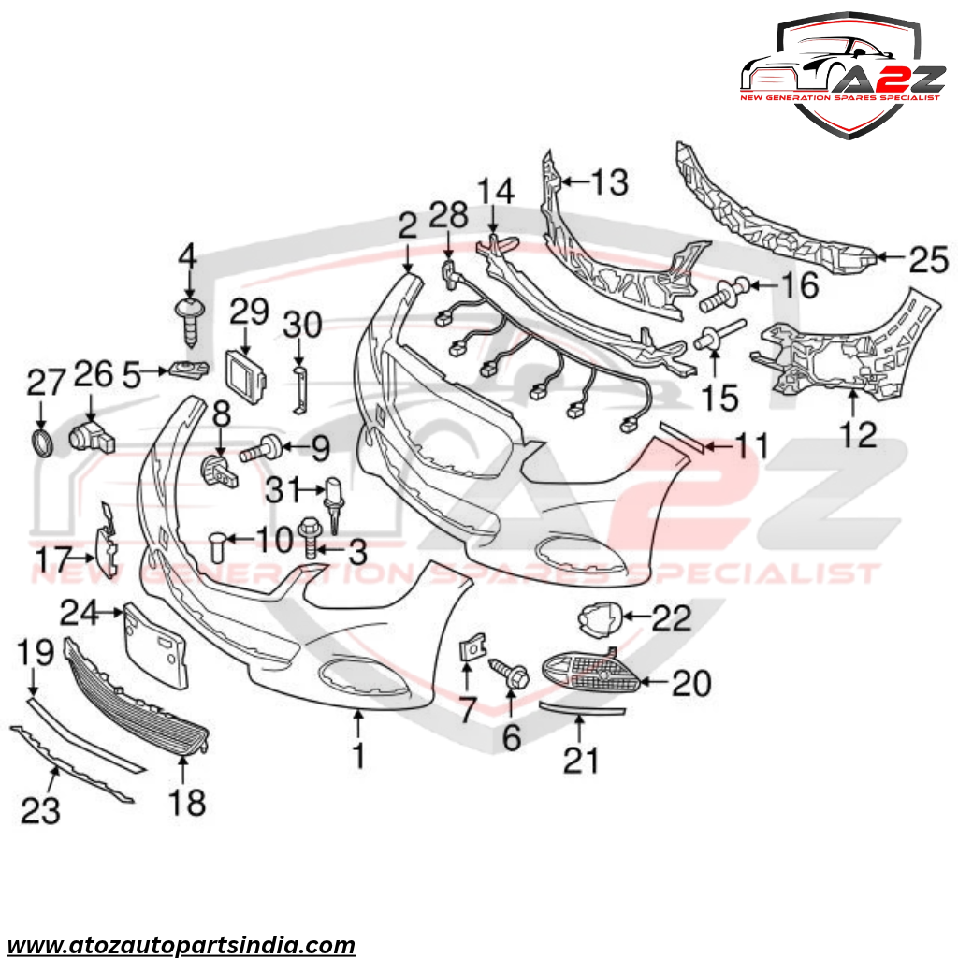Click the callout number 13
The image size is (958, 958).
click(610, 182)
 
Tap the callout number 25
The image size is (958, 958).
click(929, 259)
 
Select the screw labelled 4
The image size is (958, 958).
click(189, 322)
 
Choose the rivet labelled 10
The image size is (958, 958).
click(218, 547)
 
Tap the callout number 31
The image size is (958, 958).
click(284, 489)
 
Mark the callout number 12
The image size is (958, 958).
click(859, 434)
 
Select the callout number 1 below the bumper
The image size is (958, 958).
click(358, 755)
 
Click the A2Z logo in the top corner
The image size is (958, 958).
click(842, 75)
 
